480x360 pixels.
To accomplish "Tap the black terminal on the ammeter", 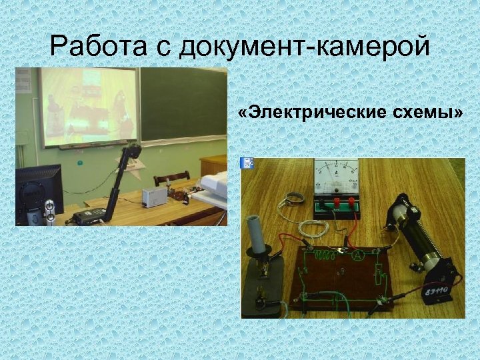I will pyautogui.click(x=325, y=199).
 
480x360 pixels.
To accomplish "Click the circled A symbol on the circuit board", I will pyautogui.click(x=357, y=254).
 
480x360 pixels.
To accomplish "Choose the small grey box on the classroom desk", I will pyautogui.click(x=154, y=196).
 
